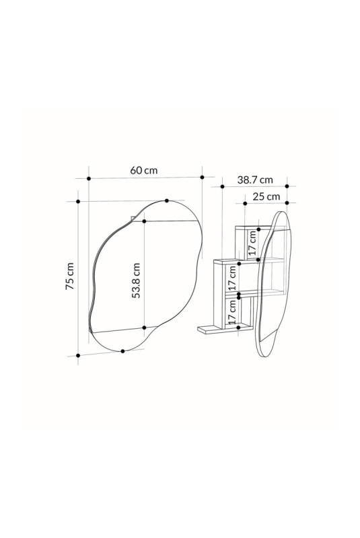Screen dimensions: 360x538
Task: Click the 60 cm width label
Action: click(144, 170)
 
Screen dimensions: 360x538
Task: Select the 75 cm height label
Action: click(70, 276)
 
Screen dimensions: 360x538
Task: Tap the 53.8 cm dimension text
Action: click(136, 280)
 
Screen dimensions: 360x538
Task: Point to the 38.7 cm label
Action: click(255, 180)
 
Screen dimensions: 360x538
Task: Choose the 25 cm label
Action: click(266, 197)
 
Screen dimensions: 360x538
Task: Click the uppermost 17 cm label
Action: click(252, 242)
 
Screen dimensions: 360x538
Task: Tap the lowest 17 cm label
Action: click(232, 311)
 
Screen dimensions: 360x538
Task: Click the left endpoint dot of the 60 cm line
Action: click(89, 178)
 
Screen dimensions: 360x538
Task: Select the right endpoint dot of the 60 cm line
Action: click(202, 177)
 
